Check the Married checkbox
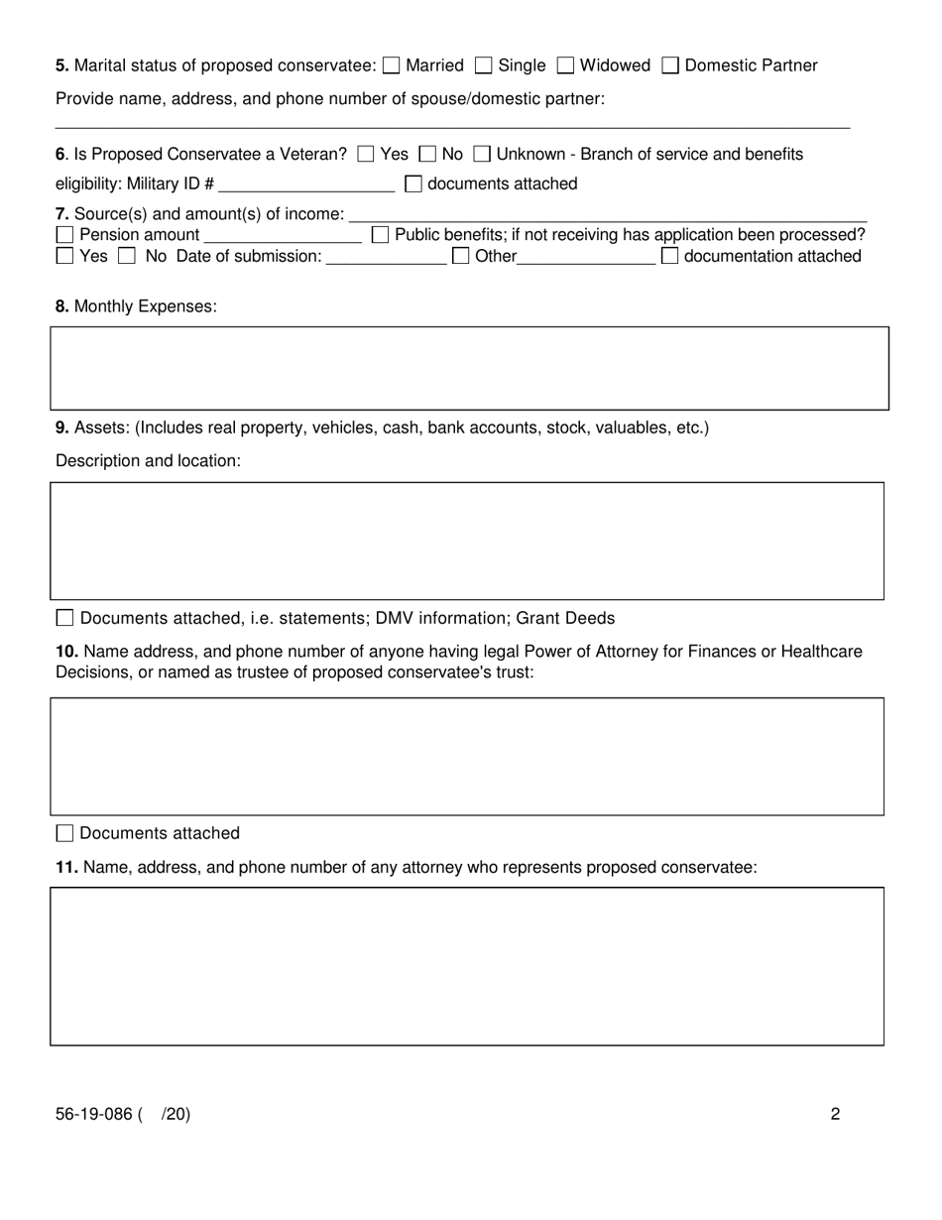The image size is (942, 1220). coord(391,66)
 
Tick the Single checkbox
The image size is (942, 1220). coord(484,66)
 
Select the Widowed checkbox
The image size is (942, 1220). coord(565,66)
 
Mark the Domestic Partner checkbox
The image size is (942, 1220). coord(670,66)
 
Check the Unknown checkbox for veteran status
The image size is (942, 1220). coord(482,155)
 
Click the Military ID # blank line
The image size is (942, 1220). coord(306,184)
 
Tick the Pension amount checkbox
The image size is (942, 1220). coord(64,235)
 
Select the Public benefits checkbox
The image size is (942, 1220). coord(380,235)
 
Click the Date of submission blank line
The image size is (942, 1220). coord(386,257)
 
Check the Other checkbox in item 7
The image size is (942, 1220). coord(461,257)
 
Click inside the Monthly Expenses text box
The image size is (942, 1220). coord(469,368)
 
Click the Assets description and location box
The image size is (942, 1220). coord(467,541)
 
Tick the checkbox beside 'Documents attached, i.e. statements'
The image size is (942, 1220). coord(64,618)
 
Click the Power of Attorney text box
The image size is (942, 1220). coord(467,756)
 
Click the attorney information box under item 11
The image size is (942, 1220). coord(467,966)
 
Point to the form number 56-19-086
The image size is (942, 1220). coord(94,1114)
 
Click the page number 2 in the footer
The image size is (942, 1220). coord(835,1114)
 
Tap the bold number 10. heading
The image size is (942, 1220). coord(67,652)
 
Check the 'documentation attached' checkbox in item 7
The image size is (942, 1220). coord(670,257)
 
